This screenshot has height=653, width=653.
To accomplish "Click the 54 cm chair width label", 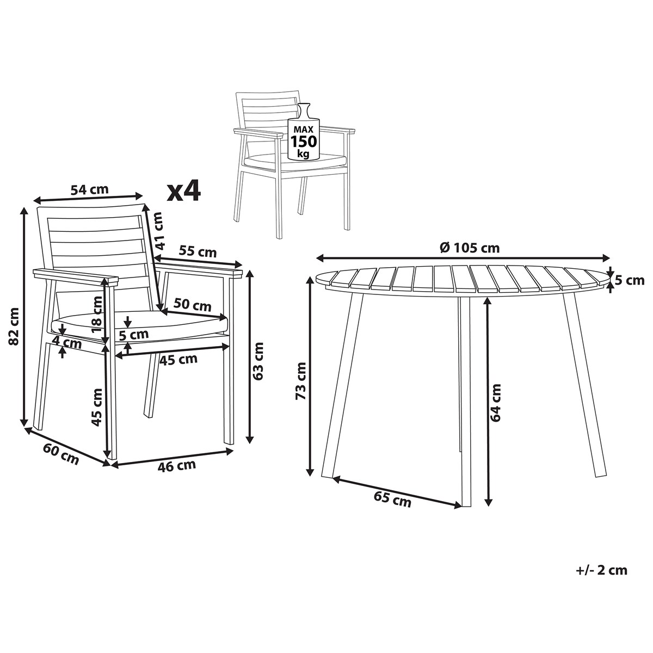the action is (89, 189).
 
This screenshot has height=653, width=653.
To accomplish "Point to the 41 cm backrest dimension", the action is (158, 230).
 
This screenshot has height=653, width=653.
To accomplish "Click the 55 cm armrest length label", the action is (198, 252).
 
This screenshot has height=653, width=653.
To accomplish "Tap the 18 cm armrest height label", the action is (97, 314).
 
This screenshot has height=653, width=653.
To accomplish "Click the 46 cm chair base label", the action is (176, 466).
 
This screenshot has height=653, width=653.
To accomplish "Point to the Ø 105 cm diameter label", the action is (470, 248).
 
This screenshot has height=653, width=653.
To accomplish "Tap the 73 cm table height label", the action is (301, 380).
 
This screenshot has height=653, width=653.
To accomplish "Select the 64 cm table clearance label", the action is (495, 403).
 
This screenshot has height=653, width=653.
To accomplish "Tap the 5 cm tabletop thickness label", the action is (630, 280).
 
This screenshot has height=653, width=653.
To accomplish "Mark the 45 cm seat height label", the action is (97, 408).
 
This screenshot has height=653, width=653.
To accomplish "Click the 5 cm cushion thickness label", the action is (134, 335).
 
